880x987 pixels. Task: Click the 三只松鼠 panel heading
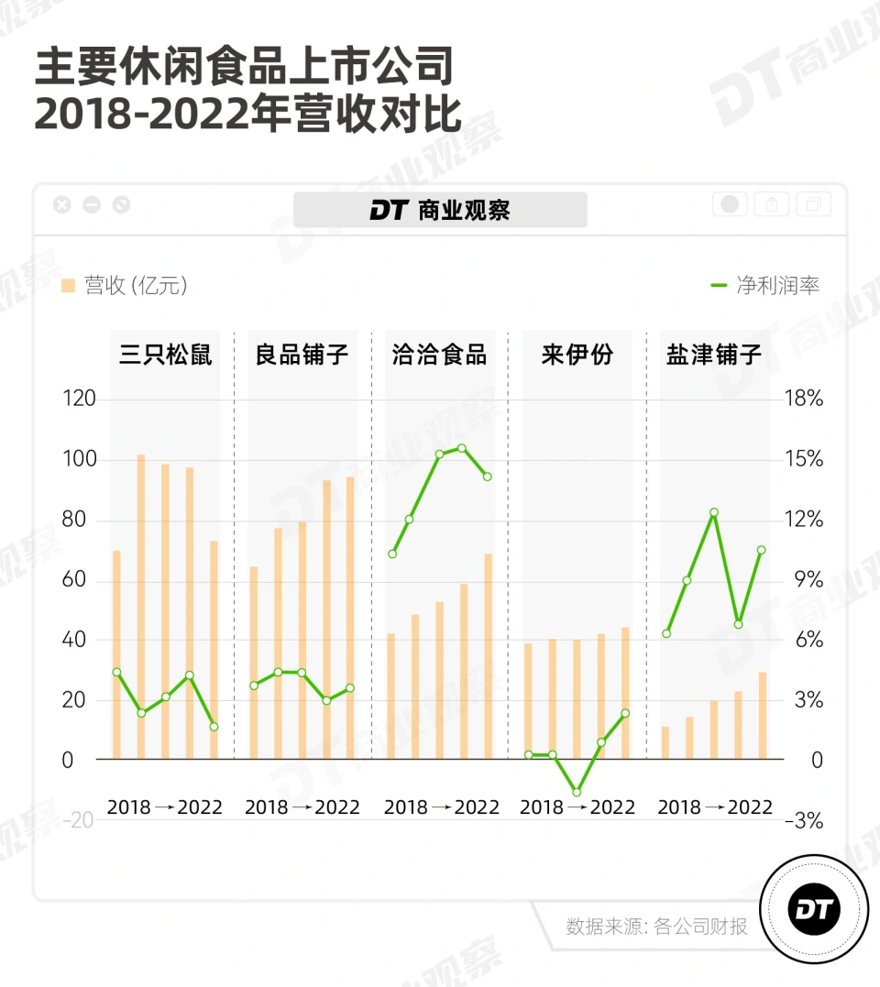click(166, 356)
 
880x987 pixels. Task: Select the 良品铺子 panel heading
click(302, 356)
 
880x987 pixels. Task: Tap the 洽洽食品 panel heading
click(439, 356)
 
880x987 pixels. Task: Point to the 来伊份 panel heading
click(577, 356)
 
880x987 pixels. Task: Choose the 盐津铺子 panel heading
click(714, 356)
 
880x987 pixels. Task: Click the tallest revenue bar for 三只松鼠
click(141, 605)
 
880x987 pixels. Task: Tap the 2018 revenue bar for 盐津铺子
click(665, 742)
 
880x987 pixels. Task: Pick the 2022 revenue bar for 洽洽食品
click(488, 655)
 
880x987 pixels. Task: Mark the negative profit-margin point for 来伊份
click(577, 792)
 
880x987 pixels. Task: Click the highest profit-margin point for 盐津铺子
click(713, 512)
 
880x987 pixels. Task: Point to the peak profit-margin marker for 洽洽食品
click(462, 448)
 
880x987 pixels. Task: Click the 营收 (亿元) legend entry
click(125, 286)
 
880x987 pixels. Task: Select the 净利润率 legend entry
click(764, 285)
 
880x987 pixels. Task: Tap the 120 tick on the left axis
click(80, 400)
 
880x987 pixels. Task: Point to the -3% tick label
click(803, 820)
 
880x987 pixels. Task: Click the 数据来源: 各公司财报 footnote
click(656, 926)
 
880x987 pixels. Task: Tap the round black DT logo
click(814, 909)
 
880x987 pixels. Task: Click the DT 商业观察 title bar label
click(440, 210)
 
